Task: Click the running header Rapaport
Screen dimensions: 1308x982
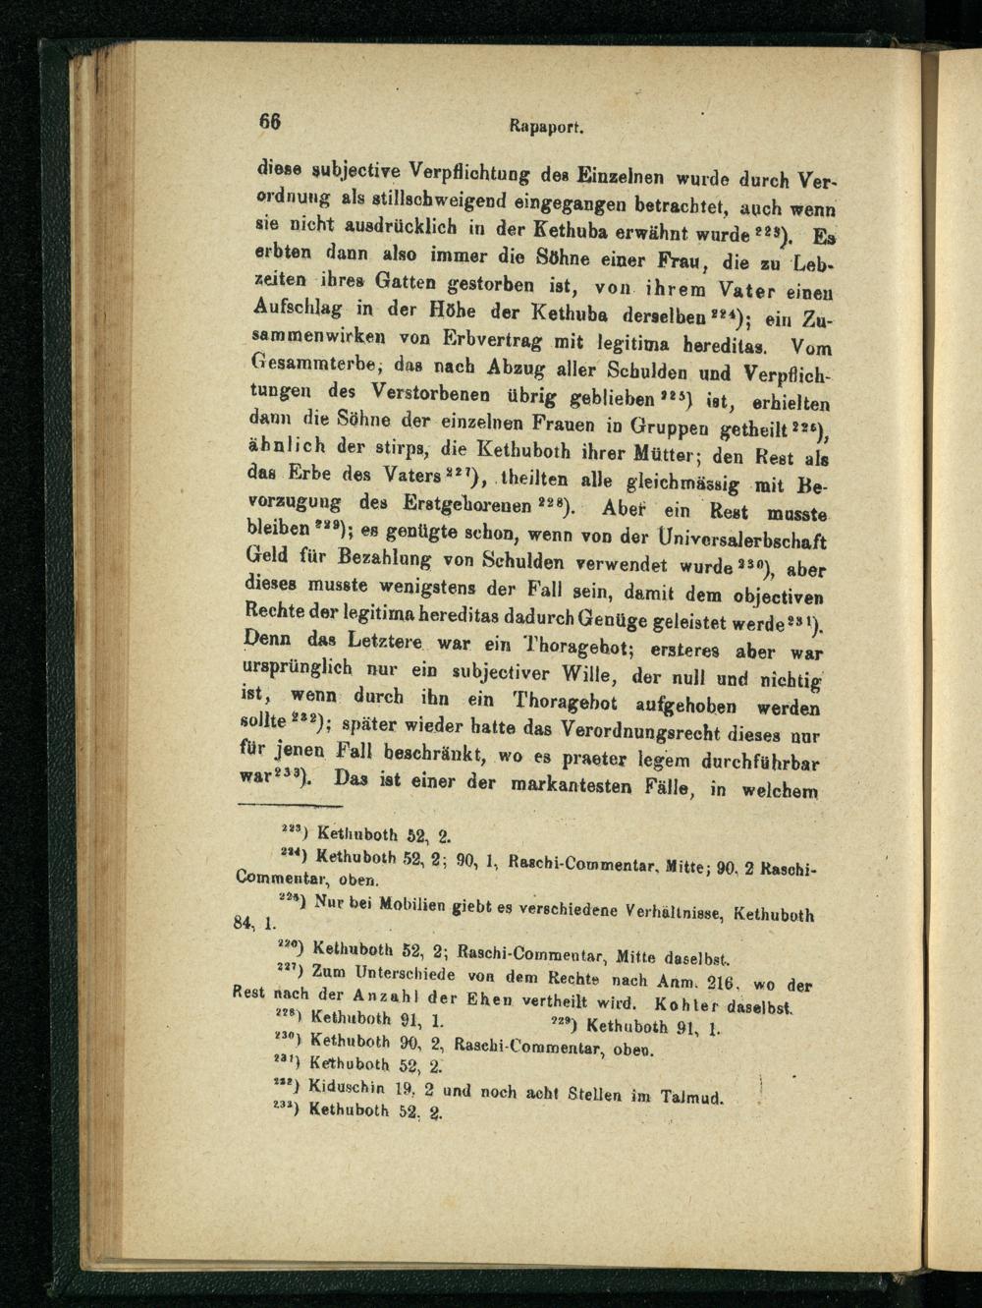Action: (548, 126)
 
